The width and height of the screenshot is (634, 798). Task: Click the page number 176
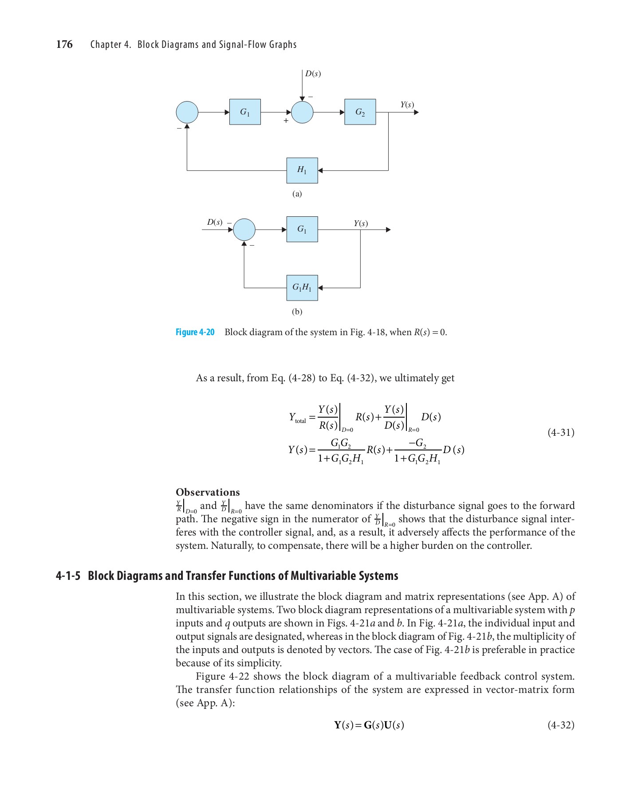tap(64, 44)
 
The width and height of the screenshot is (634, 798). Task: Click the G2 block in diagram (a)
tap(360, 112)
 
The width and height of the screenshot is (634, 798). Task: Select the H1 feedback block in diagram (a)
tap(302, 170)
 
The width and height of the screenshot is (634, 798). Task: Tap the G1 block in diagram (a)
tap(245, 112)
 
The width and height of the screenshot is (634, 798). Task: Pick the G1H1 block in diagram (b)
tap(302, 288)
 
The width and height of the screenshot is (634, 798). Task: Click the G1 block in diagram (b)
tap(302, 229)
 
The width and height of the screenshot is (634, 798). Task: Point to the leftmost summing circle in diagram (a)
tap(187, 112)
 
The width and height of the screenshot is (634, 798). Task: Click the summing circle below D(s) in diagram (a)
tap(302, 112)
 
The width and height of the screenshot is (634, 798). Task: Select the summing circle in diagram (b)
tap(244, 230)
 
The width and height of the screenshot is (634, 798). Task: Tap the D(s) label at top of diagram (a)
tap(313, 74)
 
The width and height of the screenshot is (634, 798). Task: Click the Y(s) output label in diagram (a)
tap(407, 105)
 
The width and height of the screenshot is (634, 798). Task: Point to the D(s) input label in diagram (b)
tap(215, 222)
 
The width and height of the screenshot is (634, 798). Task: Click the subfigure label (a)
tap(297, 194)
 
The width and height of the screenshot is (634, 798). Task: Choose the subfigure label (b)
tap(297, 312)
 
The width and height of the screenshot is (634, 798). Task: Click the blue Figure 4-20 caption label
tap(195, 332)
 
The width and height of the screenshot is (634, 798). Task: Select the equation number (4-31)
tap(561, 432)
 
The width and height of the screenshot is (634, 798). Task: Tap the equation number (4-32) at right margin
tap(561, 725)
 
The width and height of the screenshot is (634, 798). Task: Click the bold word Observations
tap(208, 492)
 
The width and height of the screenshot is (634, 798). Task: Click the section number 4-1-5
tap(68, 576)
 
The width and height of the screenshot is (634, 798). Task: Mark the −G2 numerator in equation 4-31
tap(417, 443)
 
